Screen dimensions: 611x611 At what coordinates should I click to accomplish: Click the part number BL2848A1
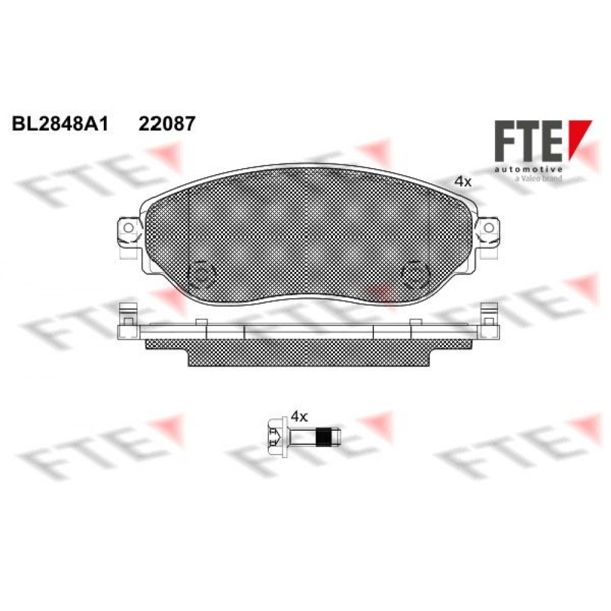click(x=60, y=124)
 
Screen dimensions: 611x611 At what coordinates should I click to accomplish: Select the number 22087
click(x=167, y=124)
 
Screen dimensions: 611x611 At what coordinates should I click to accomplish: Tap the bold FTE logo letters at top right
click(x=528, y=141)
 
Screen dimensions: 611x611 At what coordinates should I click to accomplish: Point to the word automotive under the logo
click(x=528, y=169)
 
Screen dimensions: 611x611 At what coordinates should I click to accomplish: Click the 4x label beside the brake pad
click(x=463, y=181)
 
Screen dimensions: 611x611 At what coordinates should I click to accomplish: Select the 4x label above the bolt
click(x=299, y=417)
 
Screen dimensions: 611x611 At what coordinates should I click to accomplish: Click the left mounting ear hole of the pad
click(x=128, y=227)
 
